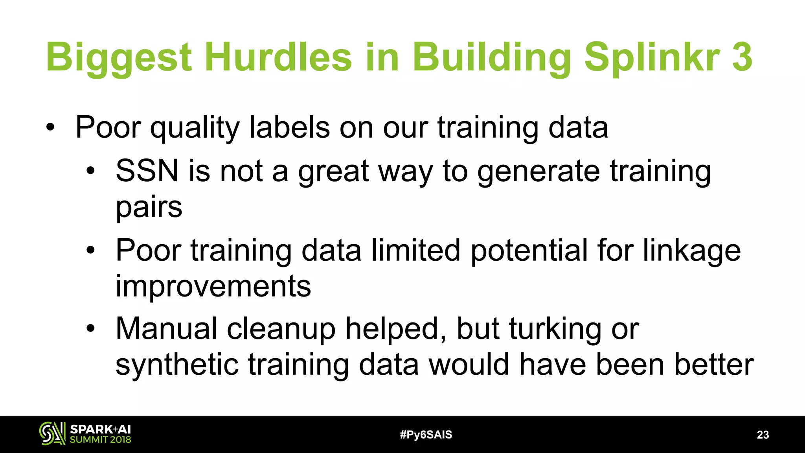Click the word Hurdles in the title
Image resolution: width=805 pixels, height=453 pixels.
(278, 57)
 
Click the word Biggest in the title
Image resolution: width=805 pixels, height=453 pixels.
(119, 57)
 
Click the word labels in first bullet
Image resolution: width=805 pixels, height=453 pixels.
(289, 127)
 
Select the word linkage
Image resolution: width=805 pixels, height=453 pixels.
(692, 250)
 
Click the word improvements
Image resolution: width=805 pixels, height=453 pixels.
(213, 286)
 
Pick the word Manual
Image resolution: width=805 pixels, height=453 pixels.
(166, 329)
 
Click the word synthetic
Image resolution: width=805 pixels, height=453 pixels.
(177, 365)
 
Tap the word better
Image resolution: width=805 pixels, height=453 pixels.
(714, 365)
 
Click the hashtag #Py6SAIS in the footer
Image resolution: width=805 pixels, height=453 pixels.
(426, 435)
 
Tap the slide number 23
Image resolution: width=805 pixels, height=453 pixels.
(763, 435)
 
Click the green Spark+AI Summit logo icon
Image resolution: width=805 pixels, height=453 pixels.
(52, 434)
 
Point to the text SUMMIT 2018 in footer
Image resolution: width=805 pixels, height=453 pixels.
(100, 440)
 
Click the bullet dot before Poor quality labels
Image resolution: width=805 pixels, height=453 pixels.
(50, 127)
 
